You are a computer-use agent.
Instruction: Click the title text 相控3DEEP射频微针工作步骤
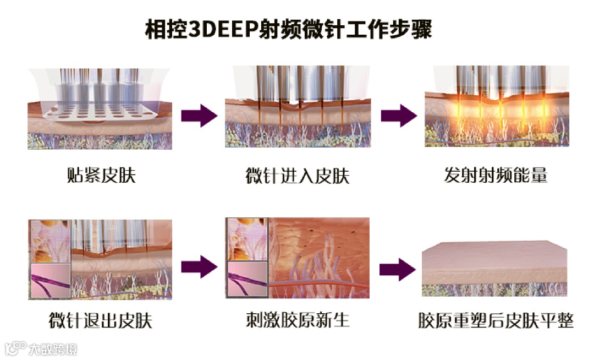point(289,29)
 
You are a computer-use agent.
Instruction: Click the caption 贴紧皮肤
point(101,176)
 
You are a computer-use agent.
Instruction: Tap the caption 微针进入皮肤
point(298,176)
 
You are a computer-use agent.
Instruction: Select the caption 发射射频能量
point(496,176)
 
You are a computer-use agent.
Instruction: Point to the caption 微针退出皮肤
point(101,320)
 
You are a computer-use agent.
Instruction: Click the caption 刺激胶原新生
point(298,320)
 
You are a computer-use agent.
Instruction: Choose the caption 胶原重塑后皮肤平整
point(496,320)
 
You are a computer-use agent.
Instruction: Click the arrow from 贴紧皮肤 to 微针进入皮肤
point(199,116)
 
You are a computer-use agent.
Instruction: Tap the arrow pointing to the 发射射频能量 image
point(399,116)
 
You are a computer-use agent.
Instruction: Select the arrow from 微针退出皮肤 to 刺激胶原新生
point(199,267)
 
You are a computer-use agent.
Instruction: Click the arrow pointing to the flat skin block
point(398,269)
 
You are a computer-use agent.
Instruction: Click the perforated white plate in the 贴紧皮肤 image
point(99,111)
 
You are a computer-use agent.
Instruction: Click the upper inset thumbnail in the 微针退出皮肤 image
point(50,242)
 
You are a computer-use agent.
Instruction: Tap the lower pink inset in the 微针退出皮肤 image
point(50,281)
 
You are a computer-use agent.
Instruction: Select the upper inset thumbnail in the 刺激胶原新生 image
point(247,239)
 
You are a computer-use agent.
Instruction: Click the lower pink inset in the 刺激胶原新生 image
point(247,279)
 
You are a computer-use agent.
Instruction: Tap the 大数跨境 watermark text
point(53,348)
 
